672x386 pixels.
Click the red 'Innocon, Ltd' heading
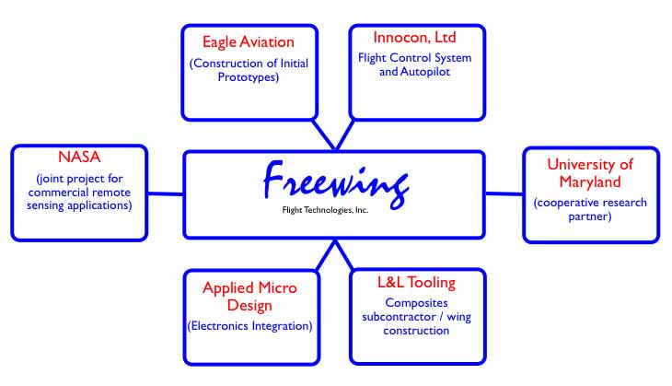(414, 38)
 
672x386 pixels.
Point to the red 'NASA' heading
(78, 158)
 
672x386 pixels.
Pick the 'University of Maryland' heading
(590, 173)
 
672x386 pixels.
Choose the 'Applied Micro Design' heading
(250, 297)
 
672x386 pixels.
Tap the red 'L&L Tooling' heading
(417, 282)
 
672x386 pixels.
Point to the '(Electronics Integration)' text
(249, 325)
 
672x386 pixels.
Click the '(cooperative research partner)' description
(590, 209)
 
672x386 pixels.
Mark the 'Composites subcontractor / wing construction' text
(417, 315)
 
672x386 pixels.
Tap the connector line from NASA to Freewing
(166, 193)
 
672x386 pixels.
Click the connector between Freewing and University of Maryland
(504, 193)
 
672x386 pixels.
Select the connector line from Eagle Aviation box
(324, 134)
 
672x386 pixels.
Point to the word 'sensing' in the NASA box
(53, 205)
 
